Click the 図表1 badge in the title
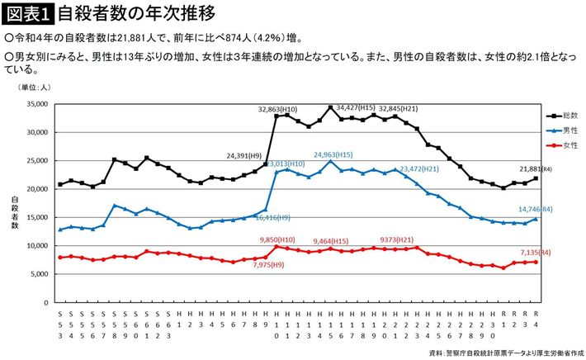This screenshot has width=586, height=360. coord(28,13)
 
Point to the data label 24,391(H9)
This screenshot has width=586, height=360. coord(245,154)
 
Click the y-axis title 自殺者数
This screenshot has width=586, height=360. coord(15,210)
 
